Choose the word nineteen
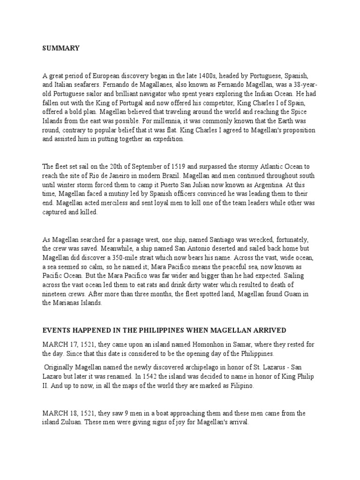[x=55, y=294]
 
